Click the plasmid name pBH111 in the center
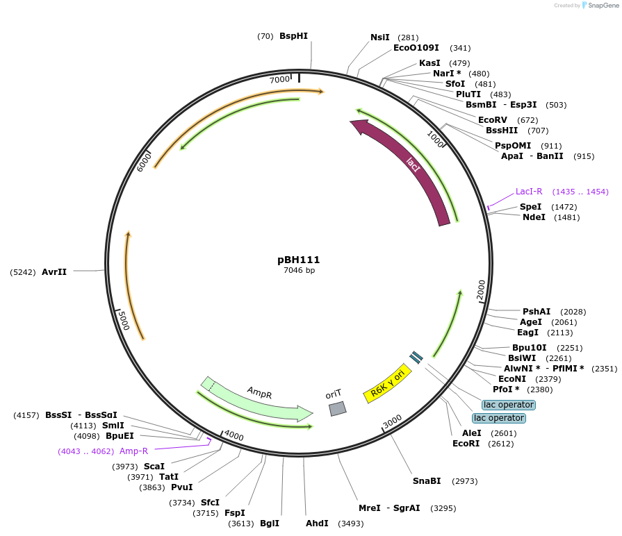[x=299, y=260]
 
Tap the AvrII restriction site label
[x=54, y=272]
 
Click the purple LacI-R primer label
[x=528, y=191]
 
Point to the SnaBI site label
[x=427, y=480]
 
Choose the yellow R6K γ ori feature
[x=387, y=383]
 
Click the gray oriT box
[x=337, y=409]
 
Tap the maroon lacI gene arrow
[x=410, y=167]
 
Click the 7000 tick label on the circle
[x=279, y=80]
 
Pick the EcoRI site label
[x=466, y=443]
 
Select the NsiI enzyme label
[x=379, y=37]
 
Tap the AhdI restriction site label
[x=317, y=523]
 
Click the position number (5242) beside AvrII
[x=22, y=272]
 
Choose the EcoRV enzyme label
[x=493, y=120]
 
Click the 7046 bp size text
[x=299, y=271]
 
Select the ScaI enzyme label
[x=154, y=466]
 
